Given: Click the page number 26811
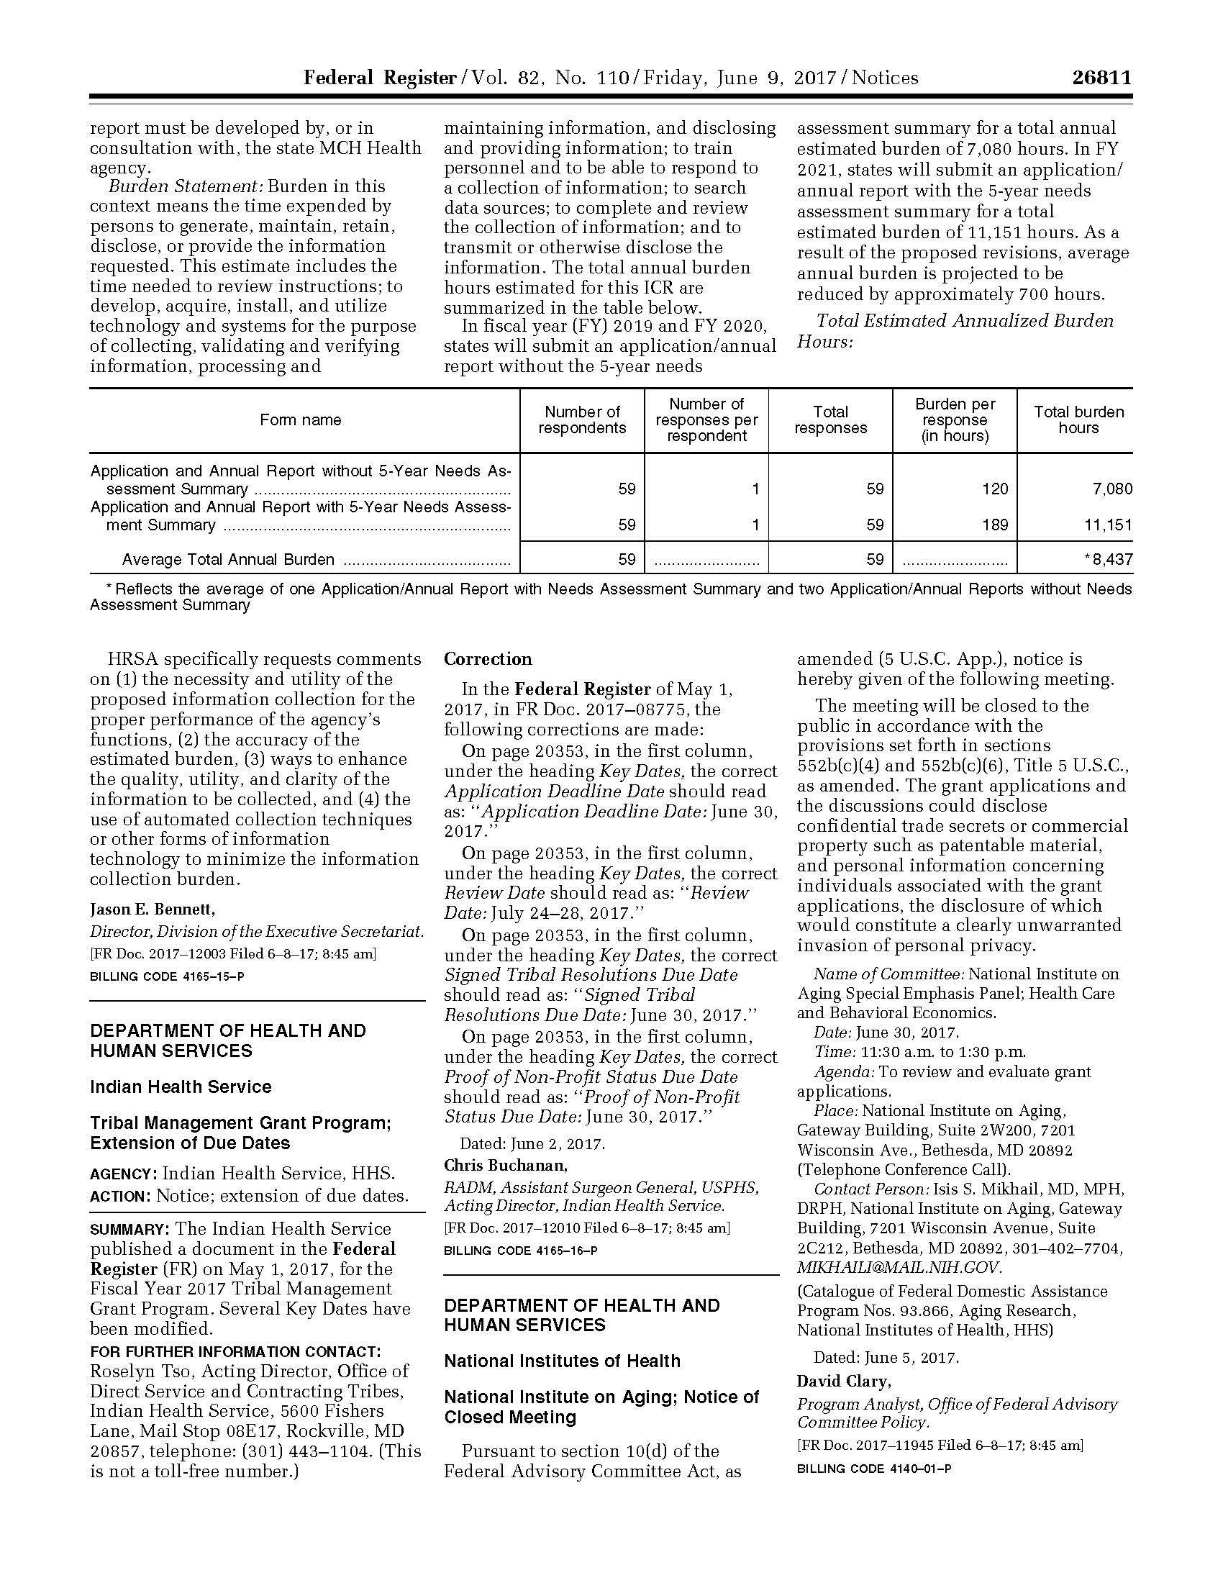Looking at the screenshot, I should (x=1101, y=78).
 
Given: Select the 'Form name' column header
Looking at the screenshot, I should (x=301, y=419).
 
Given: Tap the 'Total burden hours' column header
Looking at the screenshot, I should (x=1078, y=419).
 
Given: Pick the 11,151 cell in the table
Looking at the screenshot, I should (x=1108, y=525).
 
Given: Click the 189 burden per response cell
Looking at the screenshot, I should (x=995, y=525).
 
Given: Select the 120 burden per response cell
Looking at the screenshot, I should (x=995, y=489).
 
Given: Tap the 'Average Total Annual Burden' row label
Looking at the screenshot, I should (x=228, y=560).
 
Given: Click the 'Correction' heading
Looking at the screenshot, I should (x=488, y=659).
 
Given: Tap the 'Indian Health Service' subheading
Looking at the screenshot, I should (x=181, y=1087).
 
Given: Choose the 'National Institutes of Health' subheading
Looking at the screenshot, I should (x=563, y=1361).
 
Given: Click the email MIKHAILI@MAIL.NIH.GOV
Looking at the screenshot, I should (x=899, y=1267).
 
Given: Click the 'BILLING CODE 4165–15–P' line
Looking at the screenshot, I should (x=167, y=976).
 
